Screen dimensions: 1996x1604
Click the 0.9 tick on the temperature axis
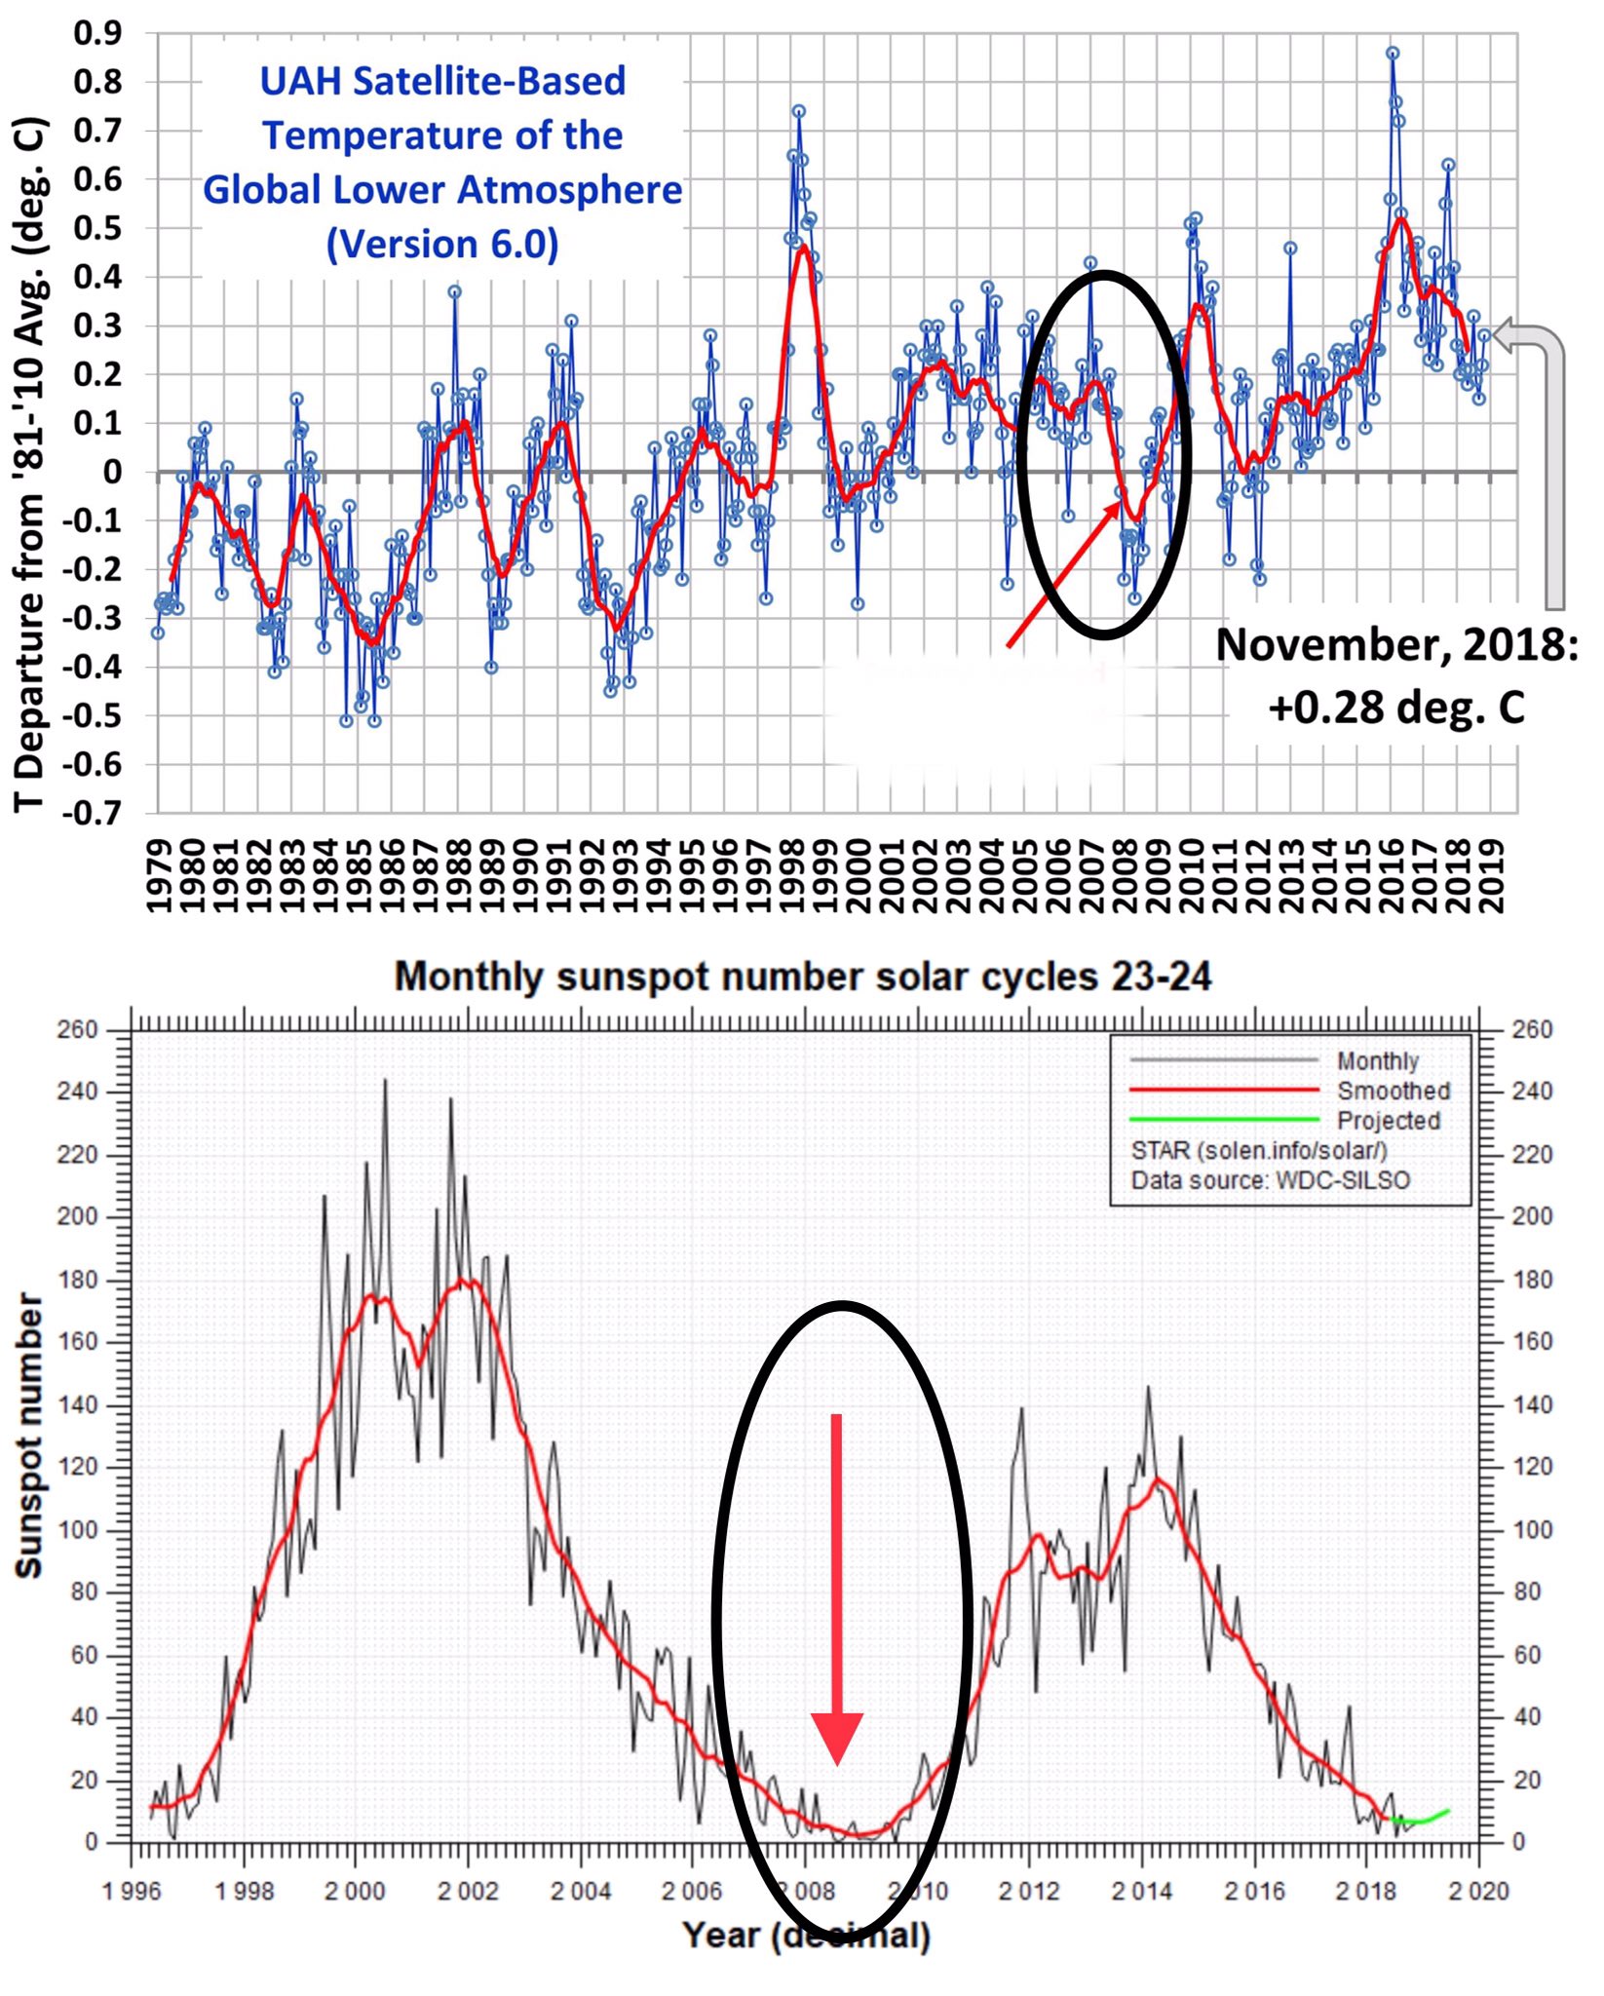click(x=97, y=33)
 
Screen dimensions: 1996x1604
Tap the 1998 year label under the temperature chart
click(x=791, y=875)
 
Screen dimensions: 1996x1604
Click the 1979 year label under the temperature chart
click(x=158, y=875)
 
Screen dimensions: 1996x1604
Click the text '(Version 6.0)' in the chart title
click(x=442, y=244)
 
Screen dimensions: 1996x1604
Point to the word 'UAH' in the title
click(x=299, y=81)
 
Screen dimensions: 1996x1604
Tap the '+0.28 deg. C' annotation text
click(x=1395, y=707)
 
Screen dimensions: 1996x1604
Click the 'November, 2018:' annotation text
click(x=1396, y=644)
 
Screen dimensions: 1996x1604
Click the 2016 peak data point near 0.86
click(x=1393, y=54)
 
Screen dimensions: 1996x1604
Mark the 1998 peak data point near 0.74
click(x=798, y=111)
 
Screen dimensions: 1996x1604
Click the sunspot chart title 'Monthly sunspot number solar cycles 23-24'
click(x=802, y=977)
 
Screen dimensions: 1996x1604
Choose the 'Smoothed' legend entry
click(x=1393, y=1091)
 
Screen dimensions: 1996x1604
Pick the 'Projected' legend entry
click(x=1388, y=1121)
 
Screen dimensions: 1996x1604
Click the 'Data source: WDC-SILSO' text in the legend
click(x=1270, y=1180)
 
